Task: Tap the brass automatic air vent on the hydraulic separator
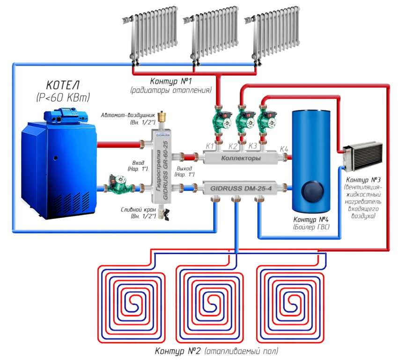point(161,117)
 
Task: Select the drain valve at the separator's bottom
point(163,213)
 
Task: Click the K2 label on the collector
point(233,147)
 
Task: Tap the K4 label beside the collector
point(284,149)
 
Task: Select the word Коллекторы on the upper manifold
point(241,158)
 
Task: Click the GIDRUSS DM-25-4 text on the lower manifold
point(241,189)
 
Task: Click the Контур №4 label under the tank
point(311,220)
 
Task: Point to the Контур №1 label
point(171,81)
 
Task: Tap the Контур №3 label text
point(363,180)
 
